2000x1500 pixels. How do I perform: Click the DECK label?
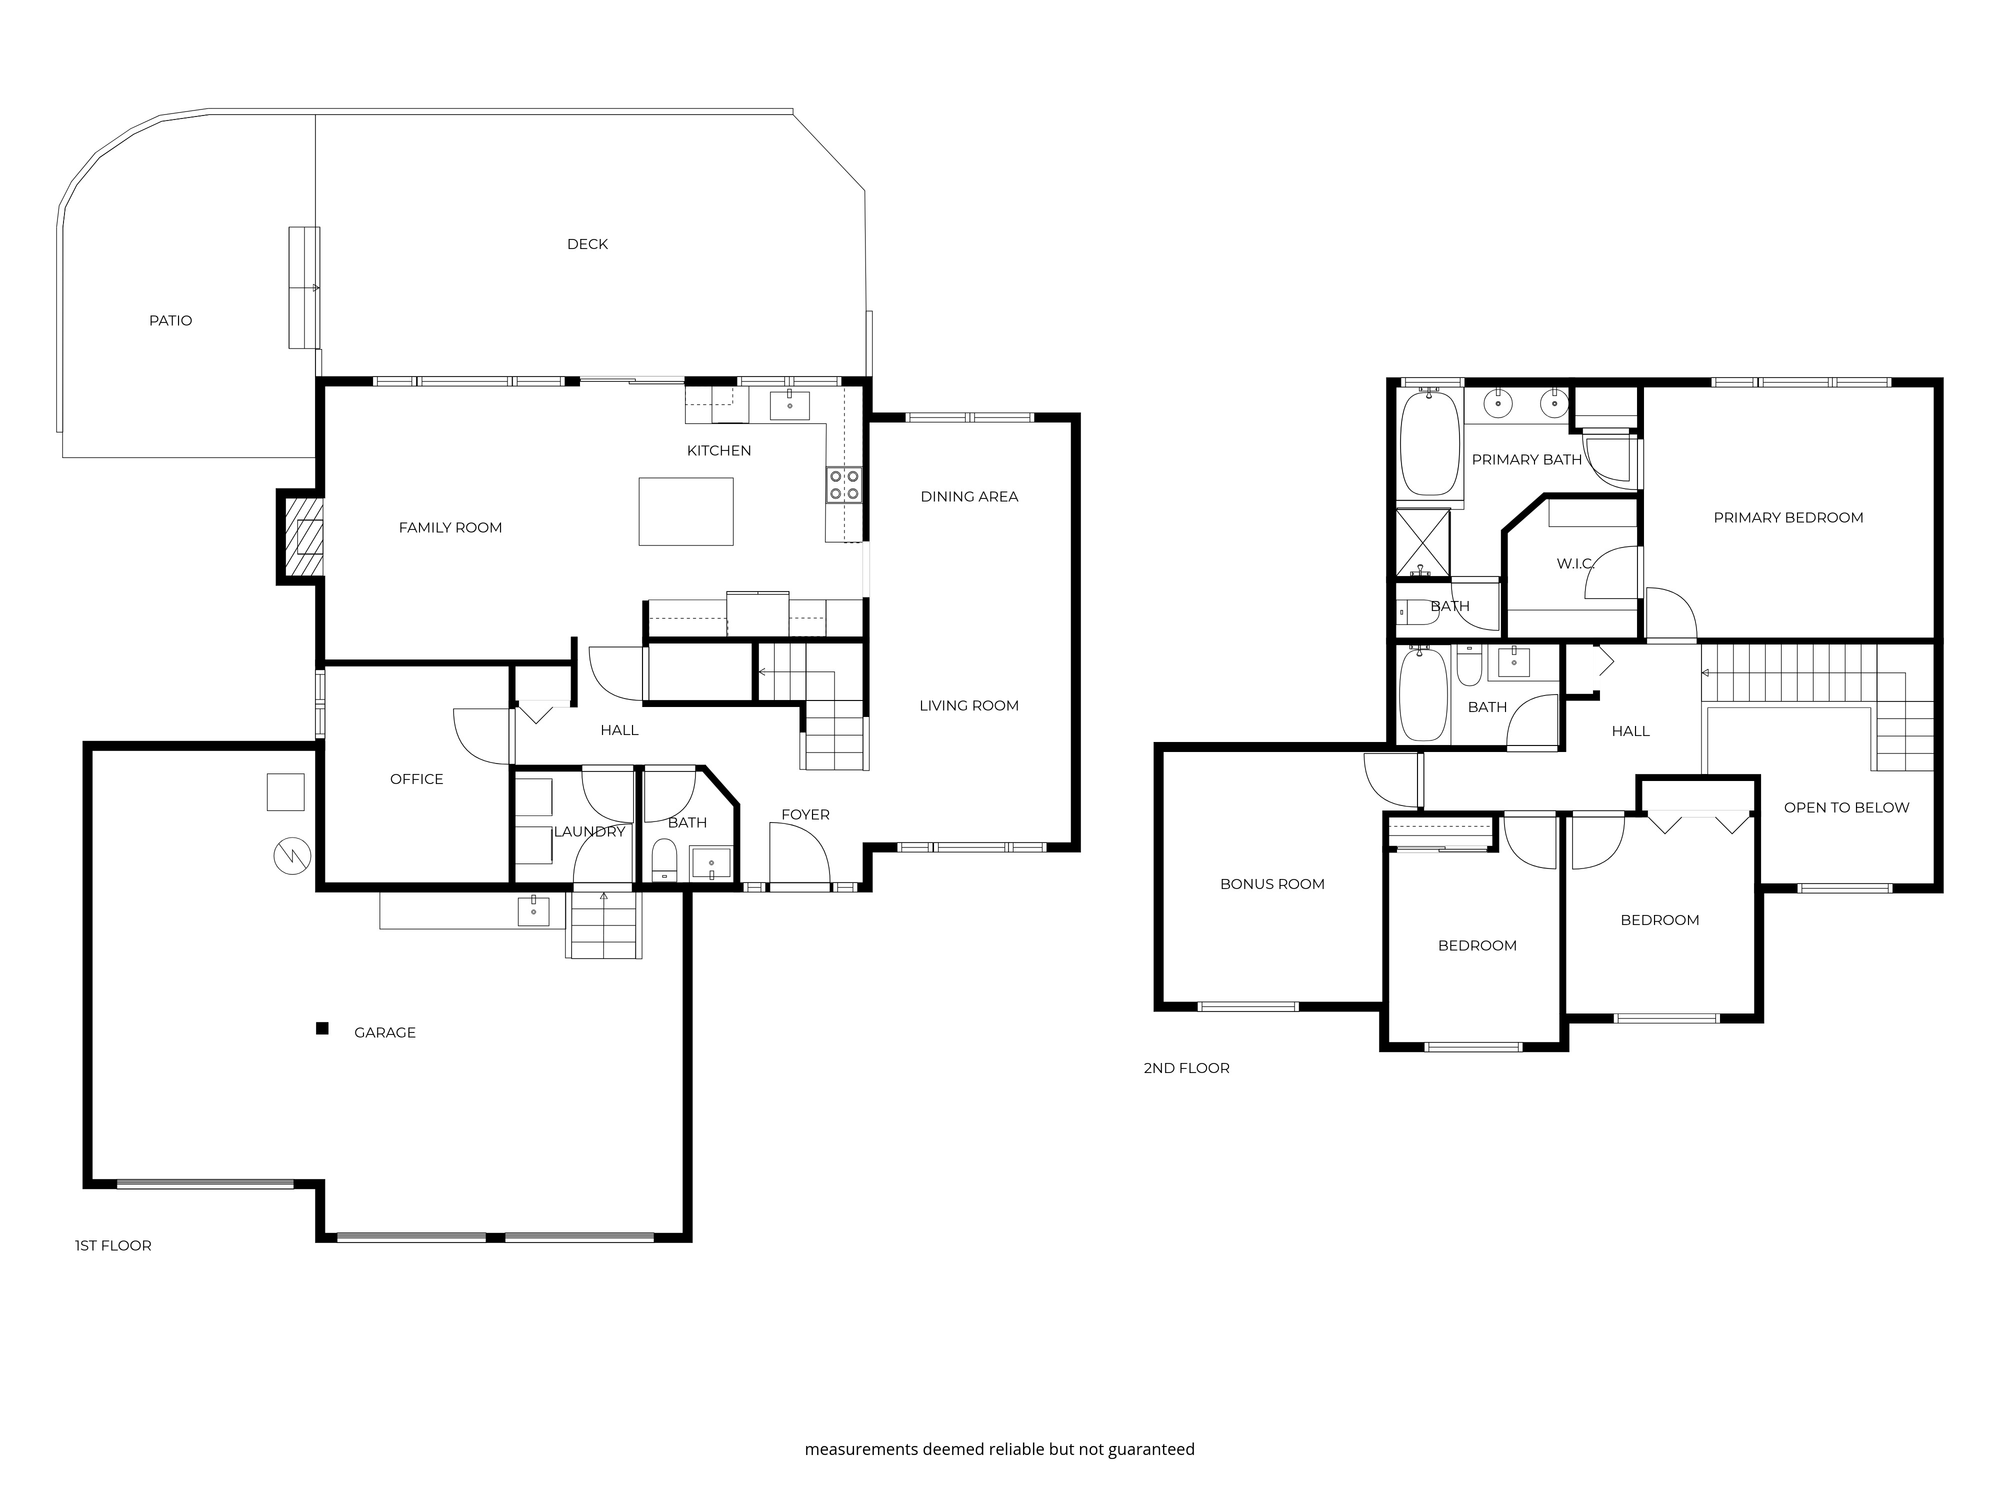(587, 244)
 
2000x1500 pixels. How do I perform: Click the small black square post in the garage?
(322, 1028)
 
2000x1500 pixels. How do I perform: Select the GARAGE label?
(384, 1032)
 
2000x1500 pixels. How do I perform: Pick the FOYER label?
(804, 814)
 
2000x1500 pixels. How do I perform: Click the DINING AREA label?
(969, 496)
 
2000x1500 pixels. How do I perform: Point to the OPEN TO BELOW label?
(1846, 807)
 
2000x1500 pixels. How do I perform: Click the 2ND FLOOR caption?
(1186, 1068)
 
